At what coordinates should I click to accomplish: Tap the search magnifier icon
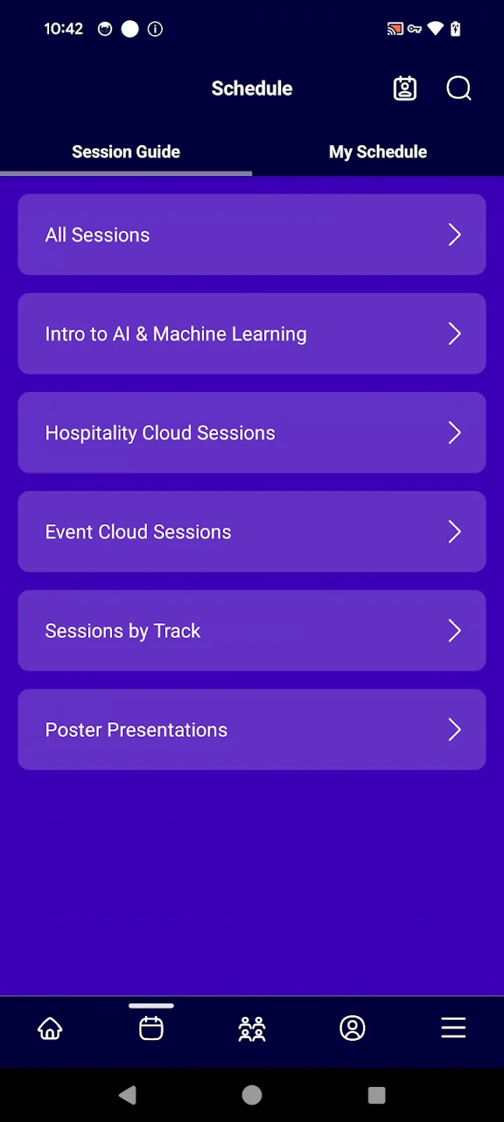tap(458, 89)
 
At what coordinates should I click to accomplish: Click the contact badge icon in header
tap(405, 89)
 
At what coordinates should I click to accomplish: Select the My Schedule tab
tap(378, 152)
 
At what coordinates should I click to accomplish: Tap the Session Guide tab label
tap(125, 152)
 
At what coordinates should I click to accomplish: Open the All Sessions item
tap(252, 235)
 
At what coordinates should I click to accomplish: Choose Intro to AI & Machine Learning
tap(252, 333)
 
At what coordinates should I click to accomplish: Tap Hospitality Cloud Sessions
tap(252, 432)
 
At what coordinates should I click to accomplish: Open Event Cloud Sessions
tap(252, 531)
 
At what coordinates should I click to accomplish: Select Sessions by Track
tap(252, 630)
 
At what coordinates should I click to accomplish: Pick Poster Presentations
tap(252, 730)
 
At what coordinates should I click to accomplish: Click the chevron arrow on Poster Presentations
tap(454, 730)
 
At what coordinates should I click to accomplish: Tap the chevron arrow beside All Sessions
tap(454, 235)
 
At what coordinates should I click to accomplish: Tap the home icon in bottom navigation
tap(50, 1028)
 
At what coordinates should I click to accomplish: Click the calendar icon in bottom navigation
tap(151, 1028)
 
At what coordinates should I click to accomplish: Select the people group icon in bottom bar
tap(252, 1028)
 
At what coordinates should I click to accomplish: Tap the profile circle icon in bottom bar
tap(353, 1028)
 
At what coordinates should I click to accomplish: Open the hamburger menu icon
tap(453, 1028)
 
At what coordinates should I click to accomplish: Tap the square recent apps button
tap(377, 1095)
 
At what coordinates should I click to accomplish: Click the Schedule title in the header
tap(252, 89)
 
